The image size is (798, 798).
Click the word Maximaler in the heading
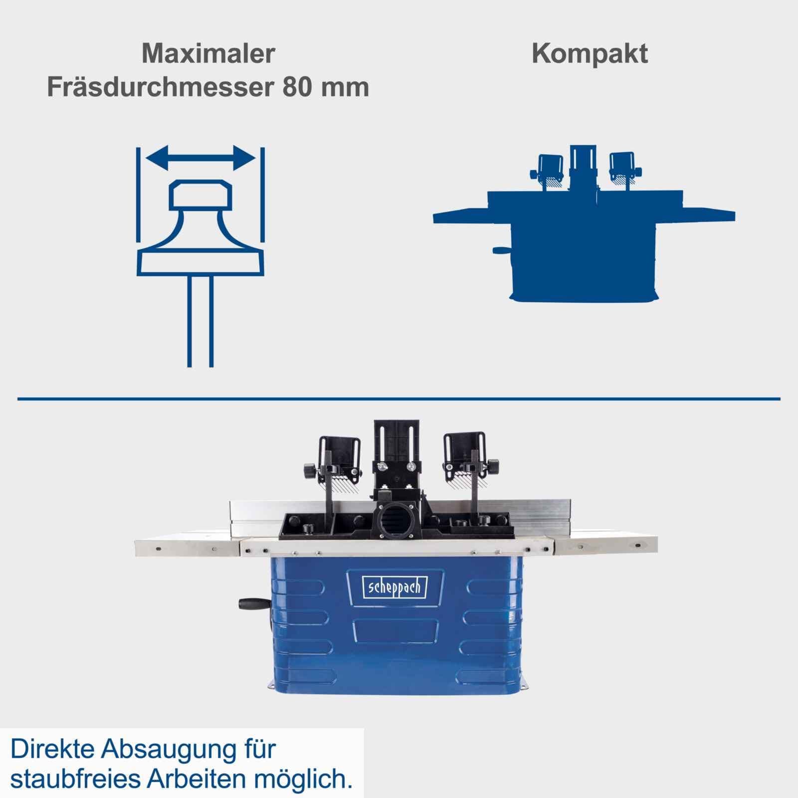coord(208,53)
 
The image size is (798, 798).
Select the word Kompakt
coord(590,54)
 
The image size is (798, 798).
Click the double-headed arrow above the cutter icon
coord(200,158)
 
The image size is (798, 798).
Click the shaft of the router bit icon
coord(200,321)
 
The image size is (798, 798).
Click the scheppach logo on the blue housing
coord(395,587)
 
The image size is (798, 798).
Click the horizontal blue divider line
coord(399,399)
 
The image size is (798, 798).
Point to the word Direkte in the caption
coord(52,750)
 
